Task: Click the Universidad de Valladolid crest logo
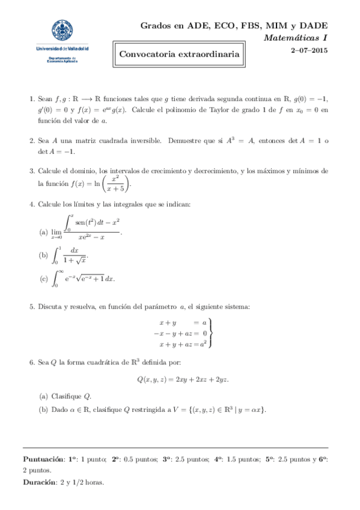click(x=62, y=31)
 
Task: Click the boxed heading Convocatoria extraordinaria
click(x=180, y=55)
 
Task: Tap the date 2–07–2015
click(x=309, y=52)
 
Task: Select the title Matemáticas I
click(x=296, y=38)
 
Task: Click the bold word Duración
click(x=40, y=482)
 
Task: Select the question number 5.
click(x=32, y=307)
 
